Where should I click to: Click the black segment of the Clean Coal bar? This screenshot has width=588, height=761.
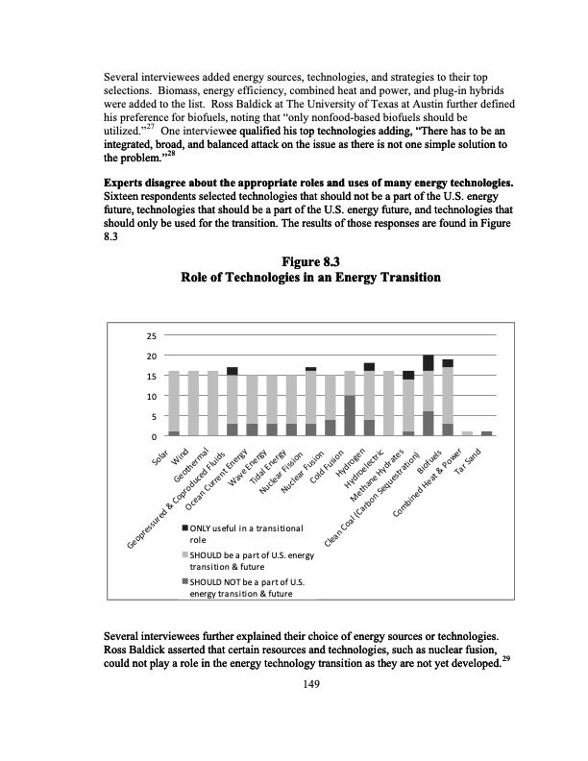point(428,363)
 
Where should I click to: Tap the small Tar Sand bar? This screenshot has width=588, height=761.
point(486,433)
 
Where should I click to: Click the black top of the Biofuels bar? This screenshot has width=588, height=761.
point(448,363)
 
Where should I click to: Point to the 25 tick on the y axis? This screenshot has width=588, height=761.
point(151,336)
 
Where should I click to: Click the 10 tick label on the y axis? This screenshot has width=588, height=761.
point(151,396)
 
